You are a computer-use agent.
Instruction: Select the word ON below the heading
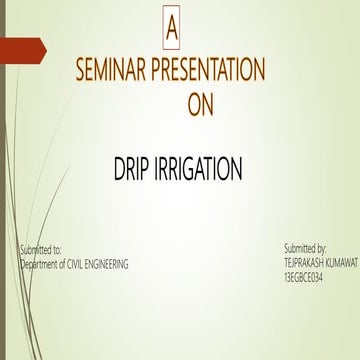(x=200, y=105)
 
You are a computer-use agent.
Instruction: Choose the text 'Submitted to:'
(x=40, y=247)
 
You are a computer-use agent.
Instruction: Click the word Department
(x=43, y=263)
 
